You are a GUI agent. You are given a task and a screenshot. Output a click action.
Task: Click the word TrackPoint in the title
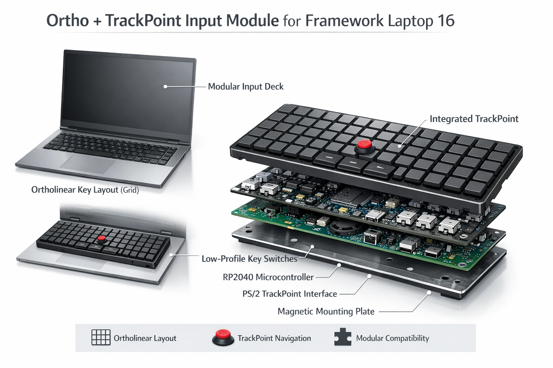(x=143, y=21)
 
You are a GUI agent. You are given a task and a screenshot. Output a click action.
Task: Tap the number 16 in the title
(x=446, y=21)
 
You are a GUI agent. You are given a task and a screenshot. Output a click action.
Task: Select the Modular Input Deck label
(x=246, y=87)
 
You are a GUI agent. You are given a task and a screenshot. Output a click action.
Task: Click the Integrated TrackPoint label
(x=474, y=119)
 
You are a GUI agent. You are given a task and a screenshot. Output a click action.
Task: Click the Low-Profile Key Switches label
(x=249, y=259)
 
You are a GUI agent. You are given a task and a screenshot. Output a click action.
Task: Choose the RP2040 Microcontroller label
(x=268, y=277)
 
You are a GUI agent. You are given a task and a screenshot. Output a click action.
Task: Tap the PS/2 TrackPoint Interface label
(x=289, y=294)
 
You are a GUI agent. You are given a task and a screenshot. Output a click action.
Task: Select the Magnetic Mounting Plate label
(x=326, y=311)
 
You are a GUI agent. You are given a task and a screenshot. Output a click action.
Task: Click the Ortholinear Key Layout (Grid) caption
(x=85, y=190)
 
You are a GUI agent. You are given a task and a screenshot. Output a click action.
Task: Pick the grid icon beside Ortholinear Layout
(x=101, y=337)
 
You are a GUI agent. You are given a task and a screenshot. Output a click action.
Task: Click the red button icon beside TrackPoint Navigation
(x=223, y=337)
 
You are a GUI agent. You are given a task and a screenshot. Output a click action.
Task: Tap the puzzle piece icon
(x=342, y=337)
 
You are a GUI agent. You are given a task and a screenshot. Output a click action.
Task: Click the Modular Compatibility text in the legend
(x=392, y=338)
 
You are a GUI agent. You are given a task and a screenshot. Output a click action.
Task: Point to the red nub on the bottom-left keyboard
(x=102, y=239)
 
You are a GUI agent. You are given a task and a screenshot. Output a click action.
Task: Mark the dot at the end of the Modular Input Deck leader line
(x=165, y=87)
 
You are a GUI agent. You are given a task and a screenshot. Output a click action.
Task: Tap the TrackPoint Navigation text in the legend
(x=274, y=338)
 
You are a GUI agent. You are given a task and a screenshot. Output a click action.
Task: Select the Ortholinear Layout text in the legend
(x=145, y=338)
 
